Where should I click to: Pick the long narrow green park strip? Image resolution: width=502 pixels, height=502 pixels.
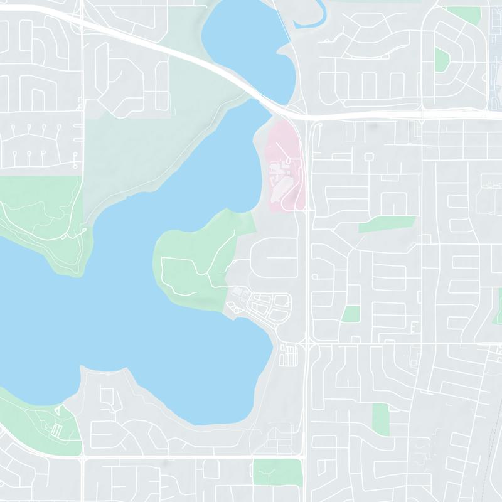coord(387,224)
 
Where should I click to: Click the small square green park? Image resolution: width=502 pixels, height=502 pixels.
coord(351,314)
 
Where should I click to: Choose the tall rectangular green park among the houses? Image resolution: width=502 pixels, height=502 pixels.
coord(380,418)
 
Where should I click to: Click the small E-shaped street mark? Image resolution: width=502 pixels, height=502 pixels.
coord(413,328)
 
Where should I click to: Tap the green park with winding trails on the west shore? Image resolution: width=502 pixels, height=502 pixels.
coord(38,220)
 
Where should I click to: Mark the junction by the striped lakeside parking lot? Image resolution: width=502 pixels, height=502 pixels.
coord(307,344)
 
